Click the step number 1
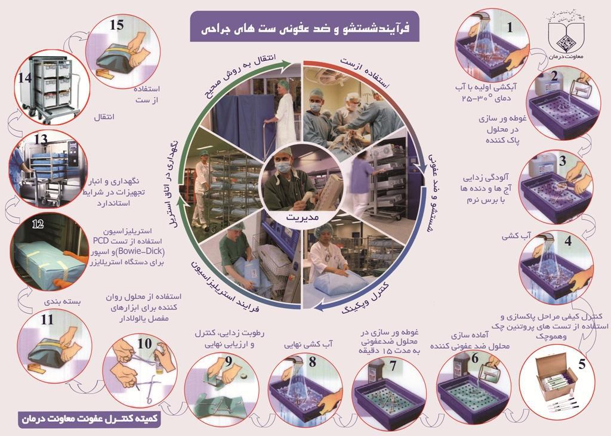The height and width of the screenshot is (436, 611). click(510, 27)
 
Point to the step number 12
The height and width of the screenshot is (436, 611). click(39, 225)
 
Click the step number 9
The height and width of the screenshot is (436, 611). click(229, 361)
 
